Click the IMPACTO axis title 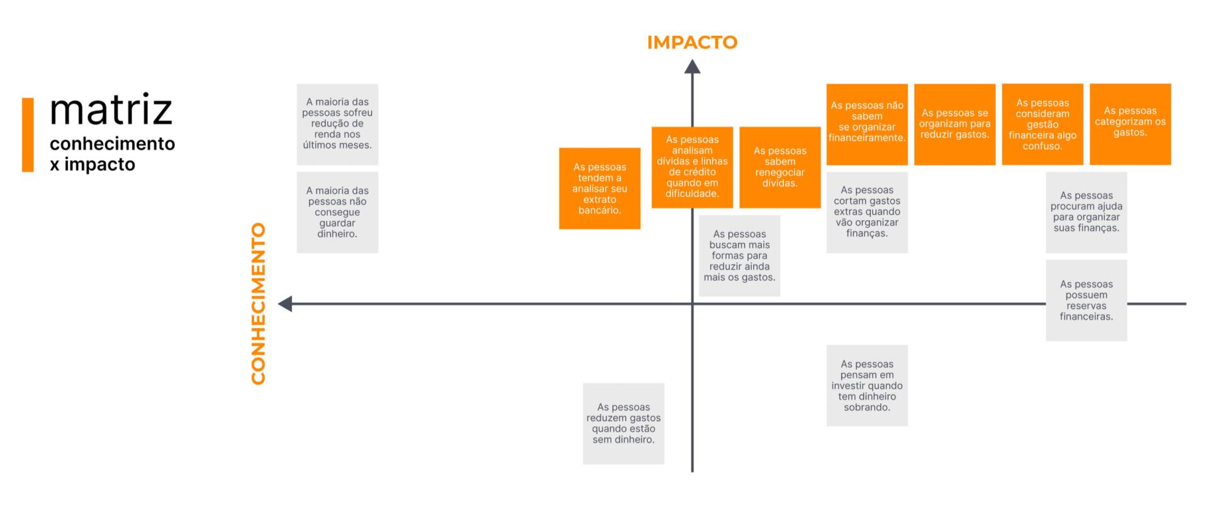point(692,42)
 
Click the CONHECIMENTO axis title point(259,303)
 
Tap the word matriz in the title point(112,110)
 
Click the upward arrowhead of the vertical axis point(692,67)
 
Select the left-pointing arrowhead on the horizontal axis point(285,303)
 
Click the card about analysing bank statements point(600,189)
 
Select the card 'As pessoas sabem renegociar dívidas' point(780,167)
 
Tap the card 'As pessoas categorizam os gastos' point(1130,124)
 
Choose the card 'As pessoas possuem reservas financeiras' point(1086,300)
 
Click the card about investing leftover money point(867,385)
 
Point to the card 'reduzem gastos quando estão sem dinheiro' point(624,424)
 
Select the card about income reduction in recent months point(337,124)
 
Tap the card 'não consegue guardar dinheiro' point(337,212)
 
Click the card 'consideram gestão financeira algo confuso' point(1042,124)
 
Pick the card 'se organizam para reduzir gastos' point(954,124)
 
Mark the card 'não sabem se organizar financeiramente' point(866,124)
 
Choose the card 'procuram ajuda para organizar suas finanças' point(1086,212)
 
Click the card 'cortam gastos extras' point(867,212)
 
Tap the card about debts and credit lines point(692,167)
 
